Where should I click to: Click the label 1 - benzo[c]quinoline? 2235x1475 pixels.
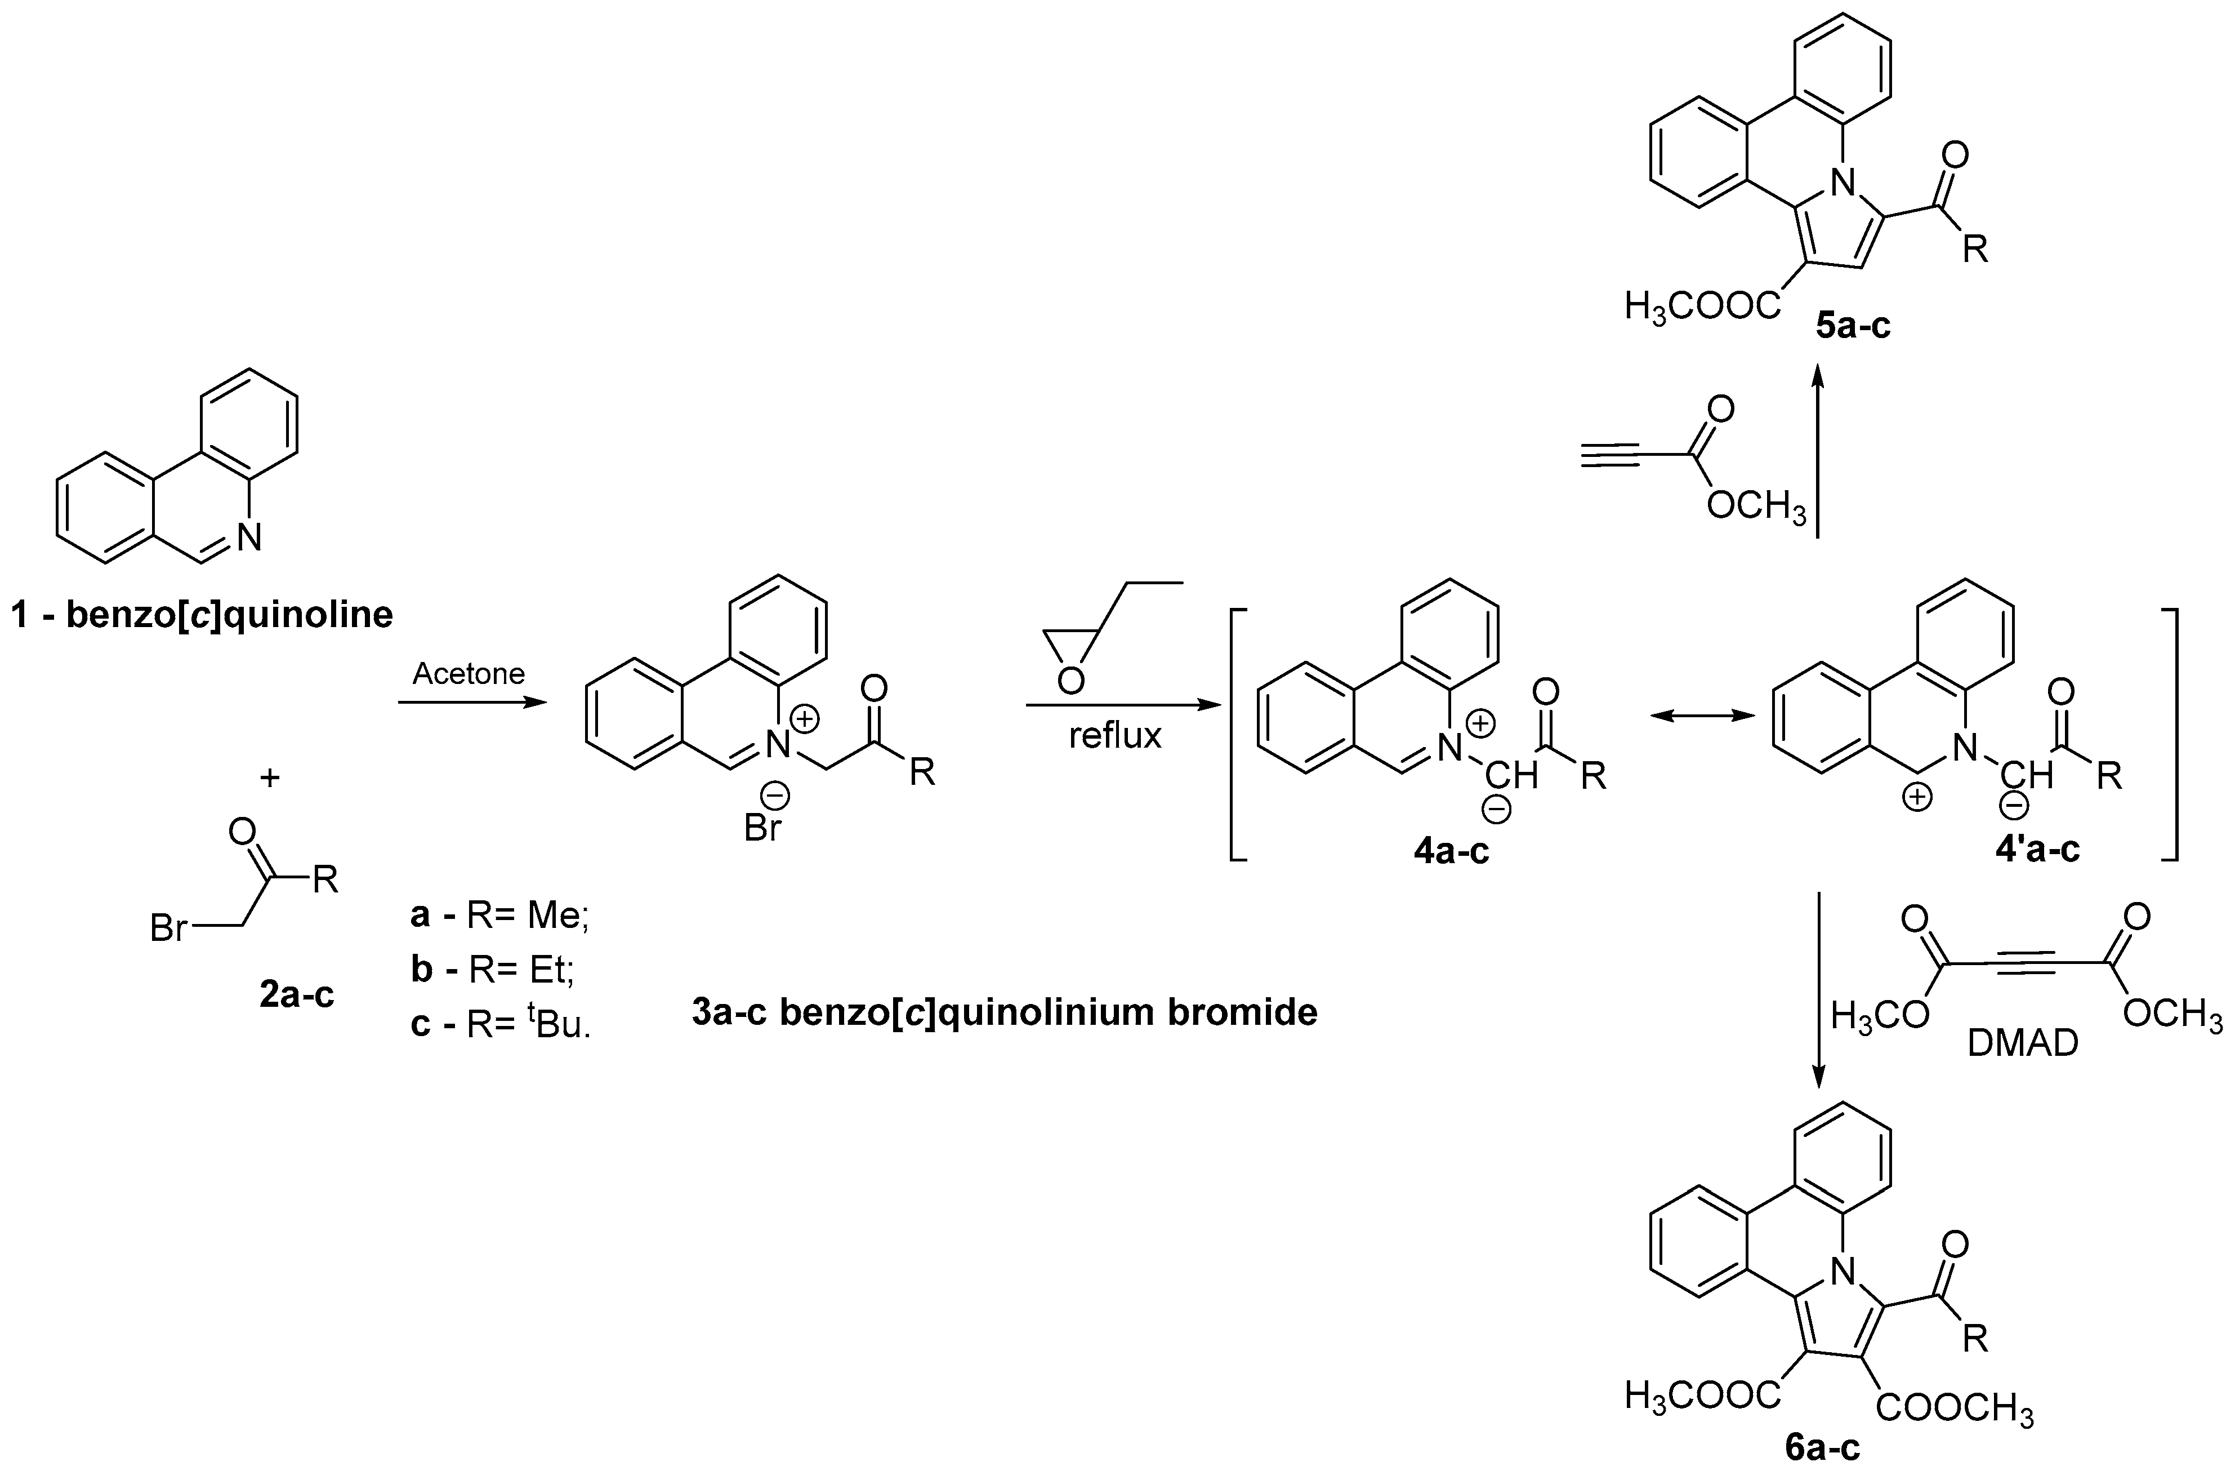pyautogui.click(x=202, y=615)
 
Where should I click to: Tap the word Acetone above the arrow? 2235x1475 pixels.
pyautogui.click(x=469, y=673)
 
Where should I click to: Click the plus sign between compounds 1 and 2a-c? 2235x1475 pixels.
pyautogui.click(x=270, y=778)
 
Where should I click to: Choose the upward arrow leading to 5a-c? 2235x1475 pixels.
pyautogui.click(x=1818, y=451)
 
